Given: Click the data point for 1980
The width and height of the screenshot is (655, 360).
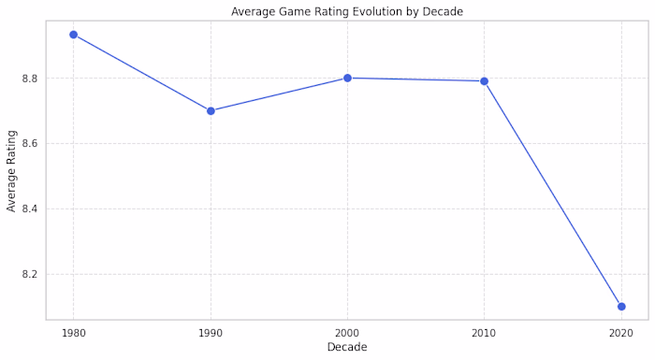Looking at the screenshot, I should tap(73, 35).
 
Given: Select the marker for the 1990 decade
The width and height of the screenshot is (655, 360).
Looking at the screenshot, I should tap(211, 110).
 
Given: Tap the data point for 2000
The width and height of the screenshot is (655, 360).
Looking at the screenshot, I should tap(347, 78).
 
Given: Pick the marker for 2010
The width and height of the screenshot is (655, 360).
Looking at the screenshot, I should tap(484, 81).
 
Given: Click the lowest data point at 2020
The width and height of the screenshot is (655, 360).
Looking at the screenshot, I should tap(621, 307).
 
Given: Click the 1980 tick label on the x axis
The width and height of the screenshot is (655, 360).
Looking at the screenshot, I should tap(73, 333).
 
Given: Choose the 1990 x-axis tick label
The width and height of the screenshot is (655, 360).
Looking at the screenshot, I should tap(211, 333).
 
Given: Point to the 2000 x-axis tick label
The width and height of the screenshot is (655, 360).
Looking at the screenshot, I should tap(347, 333).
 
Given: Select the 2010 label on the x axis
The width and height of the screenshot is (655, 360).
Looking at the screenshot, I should tap(484, 333).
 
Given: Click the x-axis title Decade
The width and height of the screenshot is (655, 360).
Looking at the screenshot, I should tap(347, 348).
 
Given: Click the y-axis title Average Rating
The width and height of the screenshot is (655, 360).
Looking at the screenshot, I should tap(12, 170).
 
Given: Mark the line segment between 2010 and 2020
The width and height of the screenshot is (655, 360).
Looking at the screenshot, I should tap(552, 194).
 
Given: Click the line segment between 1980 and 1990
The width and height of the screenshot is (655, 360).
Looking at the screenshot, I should tap(141, 72).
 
